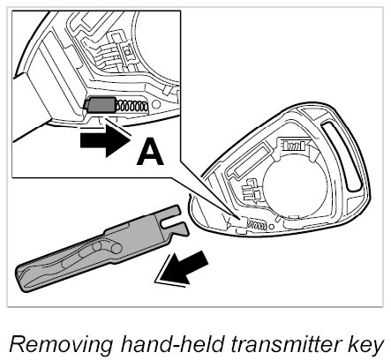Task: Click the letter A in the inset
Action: point(150,152)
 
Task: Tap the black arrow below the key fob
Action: point(183,267)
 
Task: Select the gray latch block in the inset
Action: point(100,105)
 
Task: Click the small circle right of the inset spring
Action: point(156,104)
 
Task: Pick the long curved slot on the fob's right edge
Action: point(342,156)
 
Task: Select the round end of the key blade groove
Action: point(117,249)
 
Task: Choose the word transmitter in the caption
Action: point(289,343)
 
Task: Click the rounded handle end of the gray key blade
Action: point(25,276)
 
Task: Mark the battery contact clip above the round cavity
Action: point(294,145)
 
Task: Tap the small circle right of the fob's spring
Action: point(272,227)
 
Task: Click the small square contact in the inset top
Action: point(127,51)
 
